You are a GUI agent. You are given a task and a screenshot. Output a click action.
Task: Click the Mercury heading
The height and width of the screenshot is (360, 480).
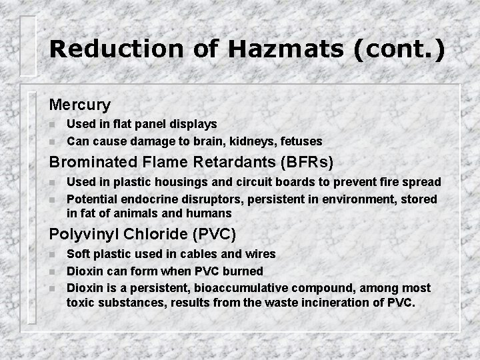point(79,105)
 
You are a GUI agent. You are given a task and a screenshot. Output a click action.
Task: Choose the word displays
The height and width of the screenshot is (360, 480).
point(193,124)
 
